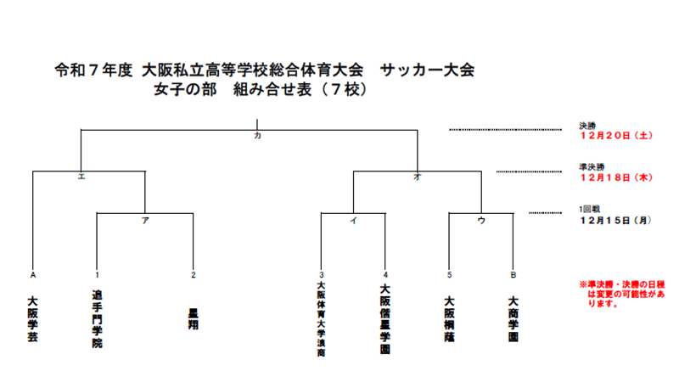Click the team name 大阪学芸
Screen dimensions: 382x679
tap(32, 319)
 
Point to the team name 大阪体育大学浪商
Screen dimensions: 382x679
tap(322, 323)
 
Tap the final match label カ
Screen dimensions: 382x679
tap(256, 137)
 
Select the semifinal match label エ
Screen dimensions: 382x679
tap(81, 178)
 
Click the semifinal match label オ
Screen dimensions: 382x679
tap(417, 178)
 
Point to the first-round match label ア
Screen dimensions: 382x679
tap(145, 221)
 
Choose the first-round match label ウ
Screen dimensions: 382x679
tap(481, 221)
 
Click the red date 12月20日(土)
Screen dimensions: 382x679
tap(614, 135)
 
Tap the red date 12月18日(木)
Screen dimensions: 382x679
tap(614, 177)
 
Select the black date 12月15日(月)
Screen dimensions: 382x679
tap(614, 220)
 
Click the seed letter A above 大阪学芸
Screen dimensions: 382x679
tap(32, 274)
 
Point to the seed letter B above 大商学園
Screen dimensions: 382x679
tap(513, 274)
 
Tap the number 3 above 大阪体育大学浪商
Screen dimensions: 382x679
tap(322, 274)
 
